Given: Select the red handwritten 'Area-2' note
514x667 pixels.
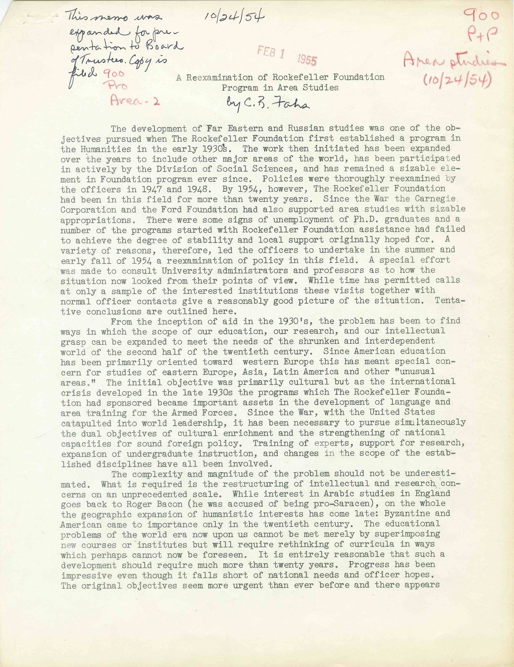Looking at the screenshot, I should coord(135,100).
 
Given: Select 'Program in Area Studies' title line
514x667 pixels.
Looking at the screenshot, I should coord(280,88).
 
